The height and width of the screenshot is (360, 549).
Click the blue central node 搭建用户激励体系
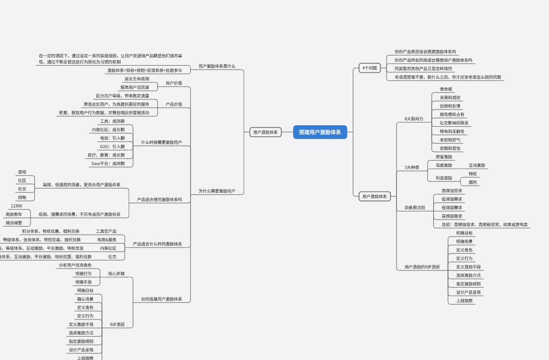(320, 132)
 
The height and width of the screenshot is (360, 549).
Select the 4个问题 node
(369, 68)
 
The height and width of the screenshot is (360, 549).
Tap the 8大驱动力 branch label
(414, 119)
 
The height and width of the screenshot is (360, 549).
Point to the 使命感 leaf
(447, 89)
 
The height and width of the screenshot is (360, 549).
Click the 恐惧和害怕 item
(450, 149)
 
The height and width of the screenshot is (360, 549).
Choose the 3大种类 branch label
(412, 168)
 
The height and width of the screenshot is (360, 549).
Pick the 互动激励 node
(477, 165)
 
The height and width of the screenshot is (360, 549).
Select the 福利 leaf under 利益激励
(473, 182)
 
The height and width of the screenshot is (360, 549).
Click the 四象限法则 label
(414, 208)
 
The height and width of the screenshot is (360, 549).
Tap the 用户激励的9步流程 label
(422, 267)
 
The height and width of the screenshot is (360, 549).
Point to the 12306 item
(16, 206)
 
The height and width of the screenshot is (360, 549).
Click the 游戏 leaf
(22, 172)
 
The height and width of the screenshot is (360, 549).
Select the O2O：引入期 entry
(112, 147)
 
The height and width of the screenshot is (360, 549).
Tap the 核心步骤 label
(116, 274)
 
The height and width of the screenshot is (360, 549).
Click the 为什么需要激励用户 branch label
(217, 191)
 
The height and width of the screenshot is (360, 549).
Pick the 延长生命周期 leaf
(137, 79)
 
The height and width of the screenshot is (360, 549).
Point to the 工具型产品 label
(106, 231)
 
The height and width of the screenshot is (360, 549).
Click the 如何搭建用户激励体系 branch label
(161, 300)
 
